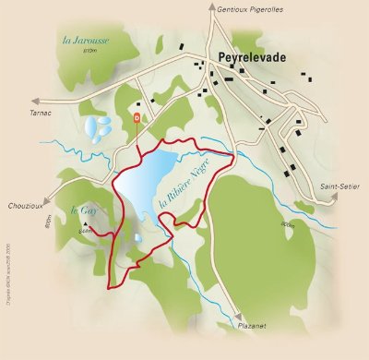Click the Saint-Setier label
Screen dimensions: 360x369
coord(338,186)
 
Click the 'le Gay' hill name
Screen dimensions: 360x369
coord(85,210)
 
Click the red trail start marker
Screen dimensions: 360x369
coord(137,118)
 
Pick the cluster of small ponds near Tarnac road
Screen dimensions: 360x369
coord(96,126)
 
